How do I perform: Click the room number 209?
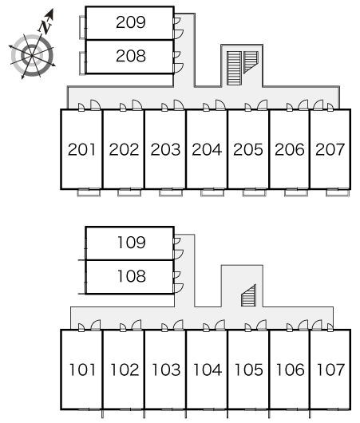tap(131, 22)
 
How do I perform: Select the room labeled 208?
tap(131, 56)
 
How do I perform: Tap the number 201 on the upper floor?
tap(81, 150)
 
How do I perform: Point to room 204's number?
tap(207, 150)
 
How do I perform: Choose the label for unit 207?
tap(330, 150)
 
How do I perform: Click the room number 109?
tap(132, 243)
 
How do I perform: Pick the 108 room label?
tap(132, 276)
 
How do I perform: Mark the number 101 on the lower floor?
tap(82, 370)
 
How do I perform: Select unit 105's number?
tap(249, 370)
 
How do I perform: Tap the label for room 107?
tap(330, 370)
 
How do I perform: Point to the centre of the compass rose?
tap(32, 56)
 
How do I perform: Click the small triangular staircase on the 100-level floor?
tap(248, 295)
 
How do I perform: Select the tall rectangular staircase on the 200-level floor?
tap(234, 69)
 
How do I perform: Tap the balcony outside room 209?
tap(82, 27)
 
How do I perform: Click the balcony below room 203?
tap(171, 192)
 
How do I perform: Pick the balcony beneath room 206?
tap(296, 192)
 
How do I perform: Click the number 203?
tap(165, 150)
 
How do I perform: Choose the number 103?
tap(166, 370)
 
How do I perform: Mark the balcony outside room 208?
tap(82, 63)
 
